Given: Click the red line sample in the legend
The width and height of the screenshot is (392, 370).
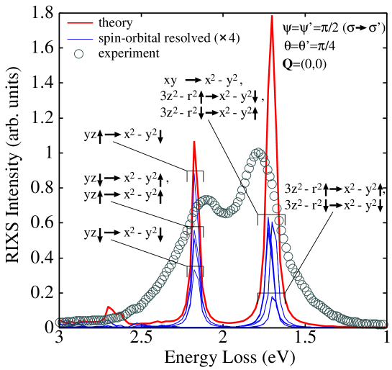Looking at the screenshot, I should pos(80,23).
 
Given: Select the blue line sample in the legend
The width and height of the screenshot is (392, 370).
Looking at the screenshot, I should pos(80,38).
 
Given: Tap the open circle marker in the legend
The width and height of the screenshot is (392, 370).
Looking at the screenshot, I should pos(78,53).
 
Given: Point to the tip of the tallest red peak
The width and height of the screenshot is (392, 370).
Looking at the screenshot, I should pos(272,15).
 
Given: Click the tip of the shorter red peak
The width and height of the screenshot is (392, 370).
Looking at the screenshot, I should pos(194,141).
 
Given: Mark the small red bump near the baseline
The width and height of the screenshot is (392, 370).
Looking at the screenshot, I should pos(109,308).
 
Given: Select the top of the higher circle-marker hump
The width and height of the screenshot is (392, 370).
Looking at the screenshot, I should pos(257,153).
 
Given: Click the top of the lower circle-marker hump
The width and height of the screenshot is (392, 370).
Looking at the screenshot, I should pos(207,201).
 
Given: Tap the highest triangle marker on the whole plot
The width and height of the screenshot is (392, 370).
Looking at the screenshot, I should pos(363,28).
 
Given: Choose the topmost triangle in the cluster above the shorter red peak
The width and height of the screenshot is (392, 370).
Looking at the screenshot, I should pos(199,80).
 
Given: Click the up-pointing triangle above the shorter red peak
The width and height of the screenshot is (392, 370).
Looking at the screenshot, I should pos(201,94).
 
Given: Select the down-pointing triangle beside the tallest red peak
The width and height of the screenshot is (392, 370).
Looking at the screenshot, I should pos(255,100).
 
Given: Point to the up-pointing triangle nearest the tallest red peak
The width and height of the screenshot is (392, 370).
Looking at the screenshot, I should pos(255,110).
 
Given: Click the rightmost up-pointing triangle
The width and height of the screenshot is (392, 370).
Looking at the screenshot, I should pos(380,186).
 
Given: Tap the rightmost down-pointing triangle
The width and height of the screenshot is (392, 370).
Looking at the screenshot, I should pos(380,209).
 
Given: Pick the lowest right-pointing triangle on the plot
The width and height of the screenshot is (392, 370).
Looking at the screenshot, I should pos(117,233).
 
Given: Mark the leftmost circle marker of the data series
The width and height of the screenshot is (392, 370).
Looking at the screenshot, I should pos(60,322).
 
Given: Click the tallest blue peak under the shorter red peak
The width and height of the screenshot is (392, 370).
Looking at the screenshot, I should pos(195,171).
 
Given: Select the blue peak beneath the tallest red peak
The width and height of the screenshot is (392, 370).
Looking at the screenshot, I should pos(269,220).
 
